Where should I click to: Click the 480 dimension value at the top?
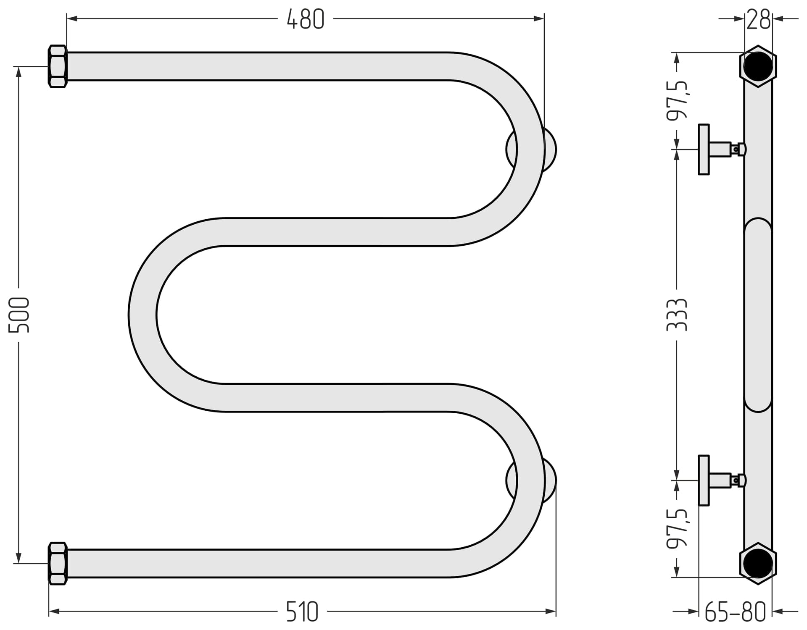click(306, 19)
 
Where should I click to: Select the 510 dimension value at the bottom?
click(302, 612)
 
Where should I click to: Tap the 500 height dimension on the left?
click(19, 315)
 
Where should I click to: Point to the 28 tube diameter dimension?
click(758, 19)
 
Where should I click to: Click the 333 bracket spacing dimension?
click(677, 315)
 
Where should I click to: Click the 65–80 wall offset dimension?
click(735, 612)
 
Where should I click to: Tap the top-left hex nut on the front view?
click(58, 66)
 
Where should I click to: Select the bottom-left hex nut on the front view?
click(58, 563)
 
